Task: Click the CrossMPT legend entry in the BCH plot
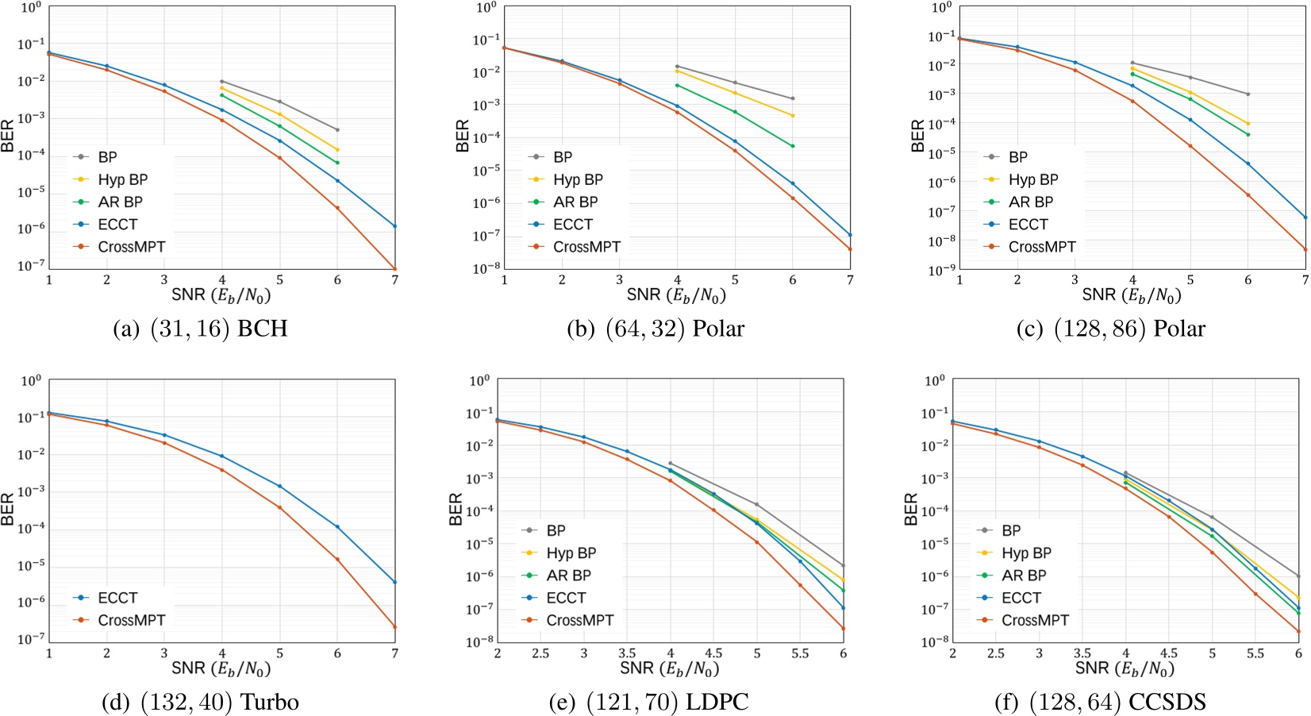click(x=131, y=247)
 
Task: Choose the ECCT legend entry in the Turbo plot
click(x=117, y=598)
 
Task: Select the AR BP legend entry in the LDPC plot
click(x=568, y=575)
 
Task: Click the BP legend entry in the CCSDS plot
click(x=1011, y=530)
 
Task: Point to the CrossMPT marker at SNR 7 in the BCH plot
click(x=394, y=269)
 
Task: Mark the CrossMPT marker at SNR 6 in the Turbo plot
click(x=337, y=560)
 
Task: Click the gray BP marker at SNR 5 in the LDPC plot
click(x=756, y=505)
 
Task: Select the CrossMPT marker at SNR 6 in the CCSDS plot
click(x=1298, y=632)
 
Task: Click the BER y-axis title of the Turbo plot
click(x=9, y=510)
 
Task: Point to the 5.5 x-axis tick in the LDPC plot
click(x=800, y=653)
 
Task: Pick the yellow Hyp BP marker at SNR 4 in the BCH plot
click(x=222, y=89)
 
